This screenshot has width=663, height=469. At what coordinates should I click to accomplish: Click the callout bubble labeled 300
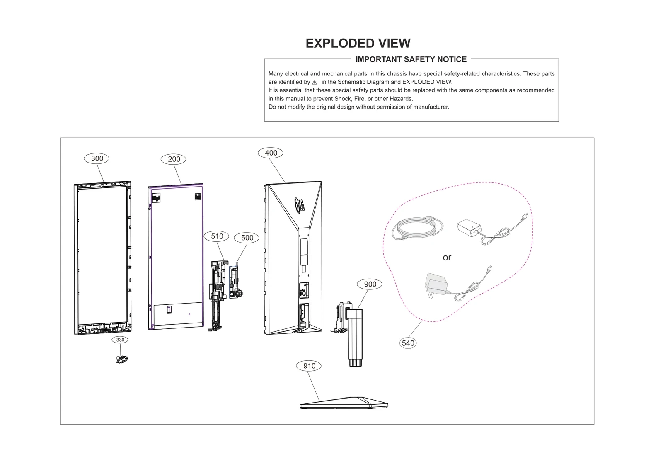(97, 158)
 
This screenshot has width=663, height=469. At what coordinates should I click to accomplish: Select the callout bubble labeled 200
(174, 159)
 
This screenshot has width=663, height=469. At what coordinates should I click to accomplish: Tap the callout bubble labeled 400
(271, 153)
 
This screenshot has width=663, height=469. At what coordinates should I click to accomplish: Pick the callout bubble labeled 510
(217, 236)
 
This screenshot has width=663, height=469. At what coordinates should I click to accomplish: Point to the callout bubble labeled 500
(247, 238)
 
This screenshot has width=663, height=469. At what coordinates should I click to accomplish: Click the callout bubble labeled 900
(370, 284)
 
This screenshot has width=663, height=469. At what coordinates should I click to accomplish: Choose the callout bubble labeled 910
(309, 366)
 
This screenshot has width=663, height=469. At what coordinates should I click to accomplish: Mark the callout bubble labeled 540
(408, 343)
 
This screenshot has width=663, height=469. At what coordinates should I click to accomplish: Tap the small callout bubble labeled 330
(120, 340)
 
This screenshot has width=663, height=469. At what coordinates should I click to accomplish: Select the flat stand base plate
(344, 403)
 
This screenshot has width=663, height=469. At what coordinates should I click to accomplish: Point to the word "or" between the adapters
(447, 258)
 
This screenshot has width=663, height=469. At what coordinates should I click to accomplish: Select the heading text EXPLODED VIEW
(358, 43)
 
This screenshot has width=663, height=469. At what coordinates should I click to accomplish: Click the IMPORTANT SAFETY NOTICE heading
(411, 59)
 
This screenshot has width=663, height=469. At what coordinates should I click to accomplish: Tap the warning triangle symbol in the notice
(315, 82)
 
